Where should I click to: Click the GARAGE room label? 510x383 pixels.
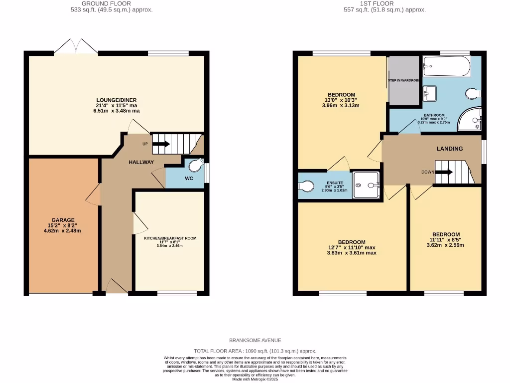63,219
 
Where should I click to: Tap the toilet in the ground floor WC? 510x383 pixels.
197,166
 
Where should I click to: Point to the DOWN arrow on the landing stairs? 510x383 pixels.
444,173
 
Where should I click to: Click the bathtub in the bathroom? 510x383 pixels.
447,66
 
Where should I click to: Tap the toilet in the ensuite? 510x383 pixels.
305,186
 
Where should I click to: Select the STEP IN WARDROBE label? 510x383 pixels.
403,80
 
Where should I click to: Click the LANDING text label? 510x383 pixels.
449,149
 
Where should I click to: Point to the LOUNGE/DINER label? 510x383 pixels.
116,100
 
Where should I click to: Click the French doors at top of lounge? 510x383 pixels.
76,46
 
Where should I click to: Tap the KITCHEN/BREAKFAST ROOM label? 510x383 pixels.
170,238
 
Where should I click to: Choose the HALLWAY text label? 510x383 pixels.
141,163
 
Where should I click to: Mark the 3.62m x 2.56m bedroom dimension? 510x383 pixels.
446,245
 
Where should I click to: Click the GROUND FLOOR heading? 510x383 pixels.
99,3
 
